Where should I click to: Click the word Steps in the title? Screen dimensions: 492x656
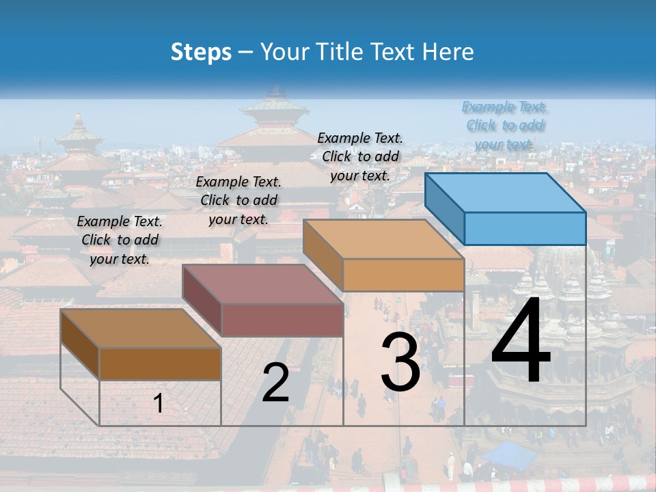point(201,52)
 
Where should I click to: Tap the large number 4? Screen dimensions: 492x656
point(521,342)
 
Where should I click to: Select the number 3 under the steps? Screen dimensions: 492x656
point(400,362)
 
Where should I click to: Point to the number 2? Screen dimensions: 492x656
point(275,383)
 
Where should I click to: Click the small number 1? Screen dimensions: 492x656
point(159,404)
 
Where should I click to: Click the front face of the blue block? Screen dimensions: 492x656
point(525,228)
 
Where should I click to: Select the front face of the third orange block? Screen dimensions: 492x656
point(403,275)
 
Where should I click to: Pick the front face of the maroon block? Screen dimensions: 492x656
point(282,320)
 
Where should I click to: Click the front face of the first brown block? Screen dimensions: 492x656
point(160,364)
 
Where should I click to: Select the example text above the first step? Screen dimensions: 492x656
point(120,240)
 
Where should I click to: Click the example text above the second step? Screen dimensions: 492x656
point(238,200)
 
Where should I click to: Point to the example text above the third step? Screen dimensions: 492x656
point(360,156)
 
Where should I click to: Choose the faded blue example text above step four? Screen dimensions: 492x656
point(504,125)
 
